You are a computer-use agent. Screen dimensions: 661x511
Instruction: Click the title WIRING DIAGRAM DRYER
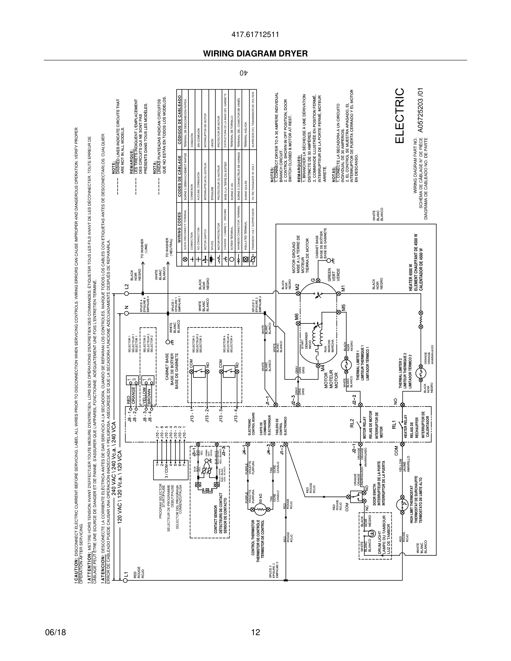255,54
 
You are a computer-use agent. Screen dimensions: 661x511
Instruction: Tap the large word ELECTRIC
399,116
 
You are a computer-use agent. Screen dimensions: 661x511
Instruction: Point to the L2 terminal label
127,286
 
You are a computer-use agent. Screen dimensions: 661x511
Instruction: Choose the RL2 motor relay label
352,422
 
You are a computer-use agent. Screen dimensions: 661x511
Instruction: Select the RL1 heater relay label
394,425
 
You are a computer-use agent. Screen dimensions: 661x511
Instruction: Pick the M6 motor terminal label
297,317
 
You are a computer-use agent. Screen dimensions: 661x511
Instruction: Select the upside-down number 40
244,73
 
